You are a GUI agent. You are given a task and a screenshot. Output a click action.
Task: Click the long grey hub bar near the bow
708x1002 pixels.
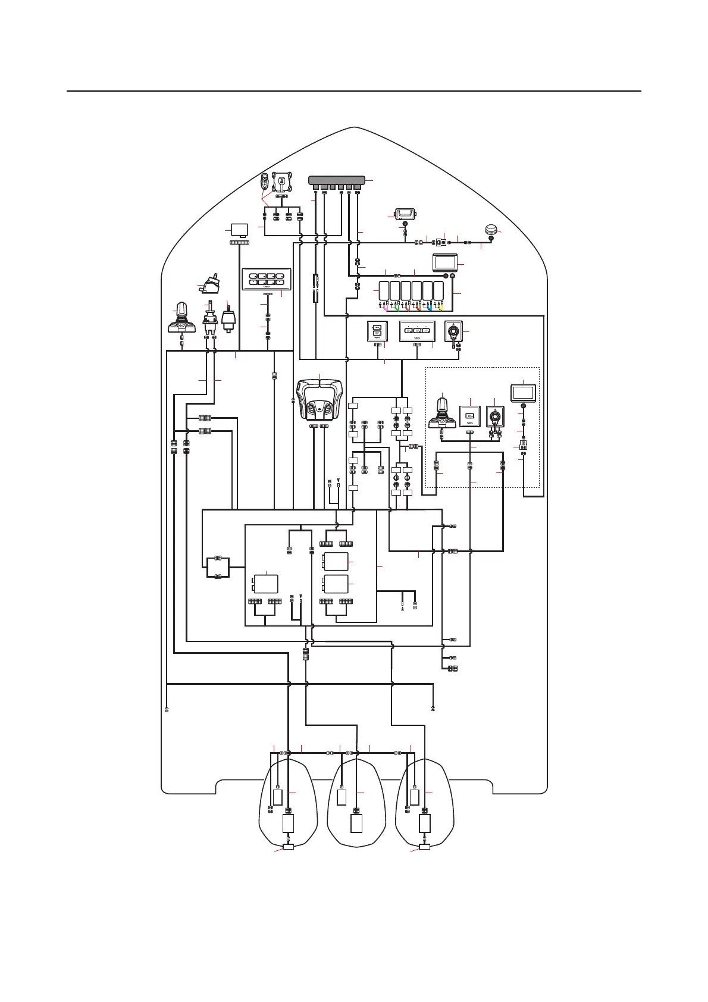click(337, 180)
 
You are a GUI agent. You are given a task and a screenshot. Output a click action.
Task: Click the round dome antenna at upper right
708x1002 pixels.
click(491, 230)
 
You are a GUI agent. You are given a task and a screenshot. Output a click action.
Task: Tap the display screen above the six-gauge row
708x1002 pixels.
click(445, 262)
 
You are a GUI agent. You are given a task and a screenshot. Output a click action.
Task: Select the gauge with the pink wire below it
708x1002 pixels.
click(384, 291)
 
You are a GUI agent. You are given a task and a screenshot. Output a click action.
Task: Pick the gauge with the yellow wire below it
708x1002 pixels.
click(438, 291)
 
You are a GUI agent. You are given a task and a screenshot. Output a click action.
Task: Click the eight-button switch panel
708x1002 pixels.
click(267, 280)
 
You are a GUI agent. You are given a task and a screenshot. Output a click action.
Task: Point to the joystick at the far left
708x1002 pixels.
click(181, 318)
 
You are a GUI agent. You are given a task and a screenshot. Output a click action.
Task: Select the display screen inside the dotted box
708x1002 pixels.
click(523, 393)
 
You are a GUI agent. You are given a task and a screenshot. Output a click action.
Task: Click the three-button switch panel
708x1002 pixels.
click(417, 331)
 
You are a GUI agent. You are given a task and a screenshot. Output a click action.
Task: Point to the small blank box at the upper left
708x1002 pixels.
click(239, 230)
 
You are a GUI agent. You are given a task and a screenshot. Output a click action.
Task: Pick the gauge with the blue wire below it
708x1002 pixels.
click(428, 291)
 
